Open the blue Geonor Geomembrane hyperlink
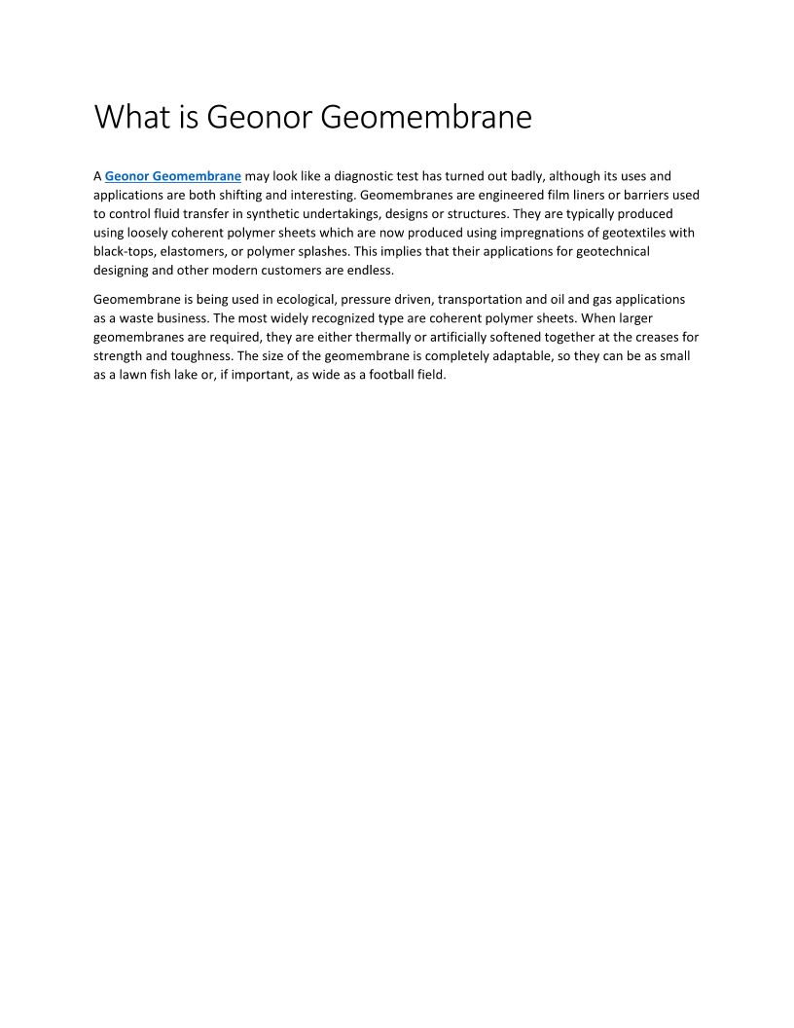coord(172,176)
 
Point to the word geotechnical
coord(610,251)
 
